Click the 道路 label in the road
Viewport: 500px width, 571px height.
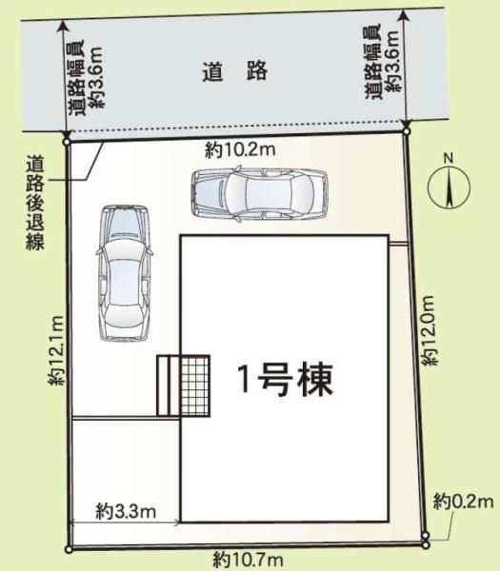coord(235,71)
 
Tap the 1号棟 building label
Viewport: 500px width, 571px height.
coord(286,380)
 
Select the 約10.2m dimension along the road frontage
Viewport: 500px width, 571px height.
coord(240,149)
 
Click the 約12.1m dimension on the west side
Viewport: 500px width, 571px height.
coord(56,350)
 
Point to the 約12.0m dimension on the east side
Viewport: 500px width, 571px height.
coord(429,330)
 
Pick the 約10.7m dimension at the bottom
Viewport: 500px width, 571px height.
coord(249,559)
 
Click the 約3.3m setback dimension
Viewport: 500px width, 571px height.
coord(126,511)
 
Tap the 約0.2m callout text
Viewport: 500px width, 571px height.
coord(463,502)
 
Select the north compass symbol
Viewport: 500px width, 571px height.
coord(449,187)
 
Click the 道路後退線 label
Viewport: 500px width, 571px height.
coord(35,203)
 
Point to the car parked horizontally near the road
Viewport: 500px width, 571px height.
coord(259,194)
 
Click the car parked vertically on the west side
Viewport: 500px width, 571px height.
coord(125,273)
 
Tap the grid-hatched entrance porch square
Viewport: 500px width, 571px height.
coord(195,385)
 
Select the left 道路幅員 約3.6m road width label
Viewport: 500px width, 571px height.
coord(87,78)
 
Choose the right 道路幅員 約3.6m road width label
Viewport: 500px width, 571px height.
coord(383,61)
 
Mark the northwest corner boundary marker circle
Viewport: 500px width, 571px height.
coord(67,142)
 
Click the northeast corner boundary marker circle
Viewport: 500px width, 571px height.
coord(407,131)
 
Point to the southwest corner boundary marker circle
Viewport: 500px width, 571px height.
coord(69,550)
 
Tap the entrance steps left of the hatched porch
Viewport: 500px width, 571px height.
coord(169,385)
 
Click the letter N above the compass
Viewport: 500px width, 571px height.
coord(449,158)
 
